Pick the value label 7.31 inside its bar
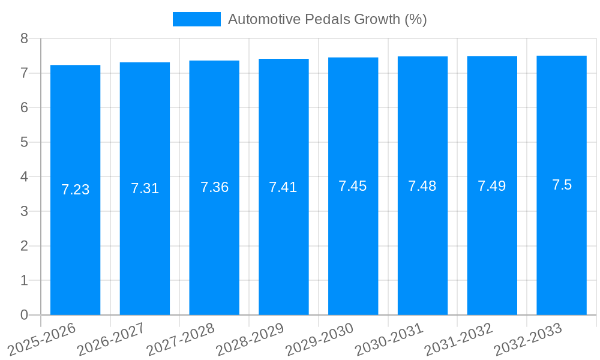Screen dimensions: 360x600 coord(145,188)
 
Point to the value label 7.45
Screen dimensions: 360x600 coord(352,186)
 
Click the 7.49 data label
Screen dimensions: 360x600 coord(491,186)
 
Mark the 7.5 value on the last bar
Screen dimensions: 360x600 coord(562,185)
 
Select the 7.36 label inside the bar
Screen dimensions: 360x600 coord(214,187)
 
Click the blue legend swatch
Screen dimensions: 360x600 coord(196,19)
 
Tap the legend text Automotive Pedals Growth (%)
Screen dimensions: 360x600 coord(327,19)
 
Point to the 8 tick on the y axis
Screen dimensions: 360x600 coord(24,38)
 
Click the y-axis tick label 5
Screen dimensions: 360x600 coord(24,142)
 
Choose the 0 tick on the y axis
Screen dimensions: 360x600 coord(24,315)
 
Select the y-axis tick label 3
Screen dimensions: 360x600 coord(24,211)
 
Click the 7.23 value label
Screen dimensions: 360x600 coord(75,190)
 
